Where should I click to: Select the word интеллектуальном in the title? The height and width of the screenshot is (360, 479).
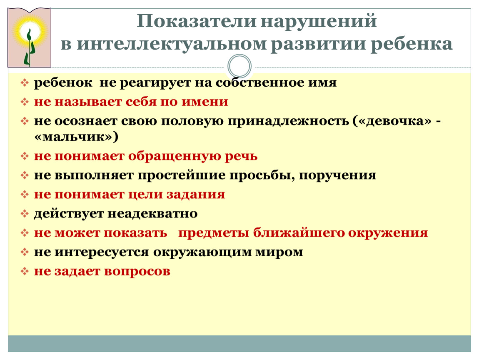172,44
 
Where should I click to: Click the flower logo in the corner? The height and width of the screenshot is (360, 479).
29,37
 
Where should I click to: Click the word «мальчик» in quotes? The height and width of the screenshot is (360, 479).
74,137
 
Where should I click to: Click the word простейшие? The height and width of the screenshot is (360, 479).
182,175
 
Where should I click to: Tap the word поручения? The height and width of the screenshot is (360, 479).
337,175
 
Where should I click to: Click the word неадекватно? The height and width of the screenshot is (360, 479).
152,214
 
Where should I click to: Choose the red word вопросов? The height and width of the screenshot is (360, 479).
137,272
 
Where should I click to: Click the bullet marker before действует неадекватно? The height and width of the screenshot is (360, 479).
25,214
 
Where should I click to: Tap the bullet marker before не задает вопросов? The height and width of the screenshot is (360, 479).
25,271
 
